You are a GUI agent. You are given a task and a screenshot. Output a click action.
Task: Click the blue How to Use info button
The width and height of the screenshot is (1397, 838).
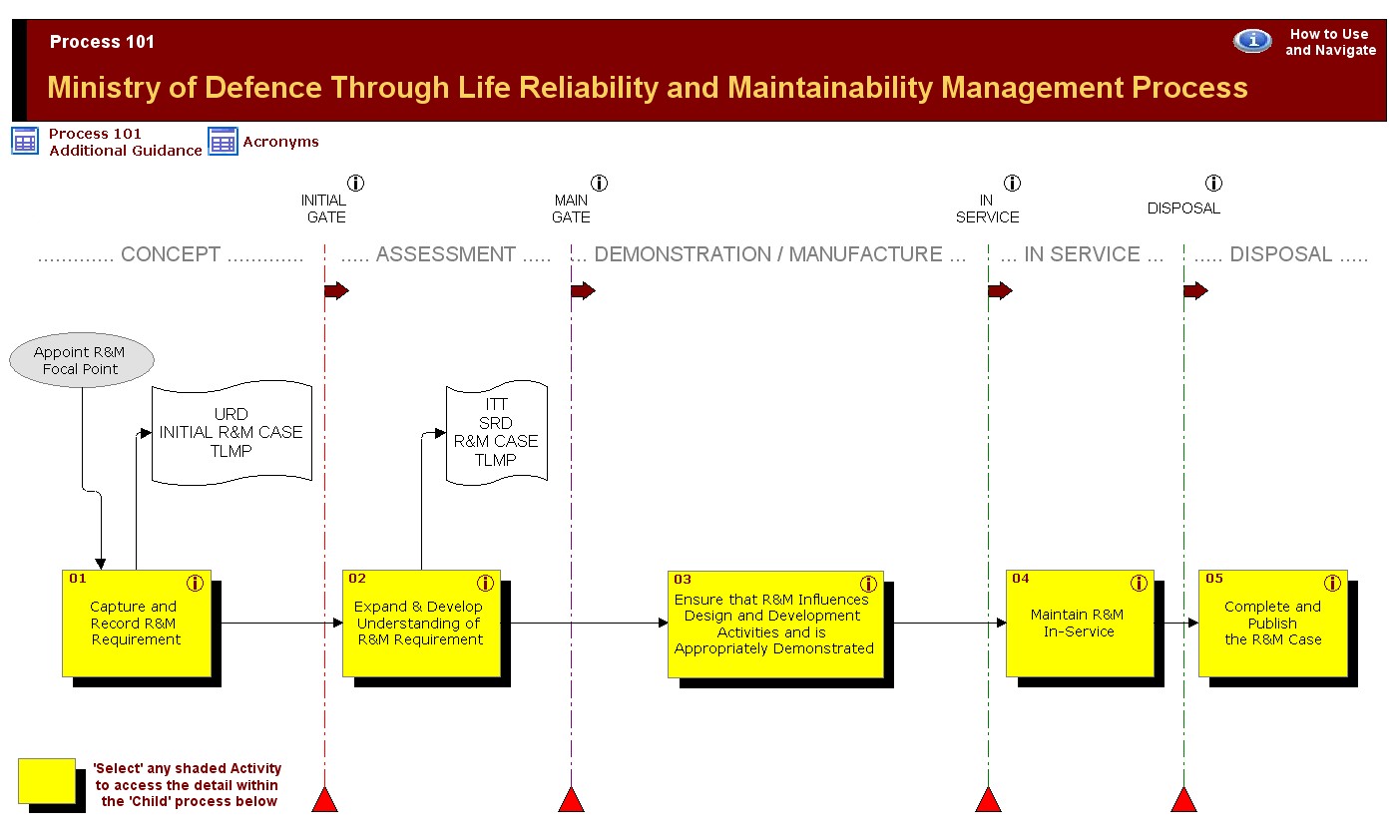tap(1252, 41)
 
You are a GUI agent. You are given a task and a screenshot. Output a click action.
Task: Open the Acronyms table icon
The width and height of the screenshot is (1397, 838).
tap(223, 142)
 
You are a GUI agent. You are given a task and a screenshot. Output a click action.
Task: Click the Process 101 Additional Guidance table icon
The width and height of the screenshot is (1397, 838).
tap(25, 141)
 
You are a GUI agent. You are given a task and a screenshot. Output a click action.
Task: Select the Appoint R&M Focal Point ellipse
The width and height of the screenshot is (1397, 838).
tap(82, 360)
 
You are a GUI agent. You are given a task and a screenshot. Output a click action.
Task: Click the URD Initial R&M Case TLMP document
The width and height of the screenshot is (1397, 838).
tap(232, 433)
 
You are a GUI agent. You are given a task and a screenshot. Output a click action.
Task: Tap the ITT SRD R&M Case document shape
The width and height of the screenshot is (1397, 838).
tap(497, 433)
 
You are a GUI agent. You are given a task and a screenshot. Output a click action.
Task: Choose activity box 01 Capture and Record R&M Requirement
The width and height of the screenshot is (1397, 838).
tap(137, 624)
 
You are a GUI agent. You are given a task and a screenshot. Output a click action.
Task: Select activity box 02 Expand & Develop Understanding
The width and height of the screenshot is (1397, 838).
tap(421, 624)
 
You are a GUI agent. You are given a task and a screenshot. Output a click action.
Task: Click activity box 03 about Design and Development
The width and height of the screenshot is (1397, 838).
tap(776, 625)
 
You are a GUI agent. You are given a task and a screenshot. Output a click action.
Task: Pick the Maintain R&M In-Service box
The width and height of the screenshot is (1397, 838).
tap(1080, 624)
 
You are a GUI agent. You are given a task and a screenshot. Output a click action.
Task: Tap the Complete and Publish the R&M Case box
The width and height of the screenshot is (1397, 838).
tap(1273, 624)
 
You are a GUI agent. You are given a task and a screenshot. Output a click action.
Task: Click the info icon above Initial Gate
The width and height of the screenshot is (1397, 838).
tap(355, 184)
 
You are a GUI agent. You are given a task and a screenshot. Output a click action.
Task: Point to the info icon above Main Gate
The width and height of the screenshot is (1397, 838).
tap(599, 184)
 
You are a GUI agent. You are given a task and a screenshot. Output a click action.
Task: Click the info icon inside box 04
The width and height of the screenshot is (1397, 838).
tap(1139, 583)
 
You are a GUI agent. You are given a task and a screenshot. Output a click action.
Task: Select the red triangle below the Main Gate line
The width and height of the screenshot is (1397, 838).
tap(571, 799)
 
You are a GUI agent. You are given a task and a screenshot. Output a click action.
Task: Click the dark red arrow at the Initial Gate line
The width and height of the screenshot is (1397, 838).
tap(337, 290)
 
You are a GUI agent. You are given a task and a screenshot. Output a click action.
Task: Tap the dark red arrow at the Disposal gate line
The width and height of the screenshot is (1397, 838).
tap(1196, 290)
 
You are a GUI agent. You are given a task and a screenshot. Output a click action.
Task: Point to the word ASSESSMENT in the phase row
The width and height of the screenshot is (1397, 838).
tap(445, 254)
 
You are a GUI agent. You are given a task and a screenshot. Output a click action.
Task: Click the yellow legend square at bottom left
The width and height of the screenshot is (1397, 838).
tap(47, 780)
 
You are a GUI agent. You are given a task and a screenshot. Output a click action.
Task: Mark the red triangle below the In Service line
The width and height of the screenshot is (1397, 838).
tap(989, 799)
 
